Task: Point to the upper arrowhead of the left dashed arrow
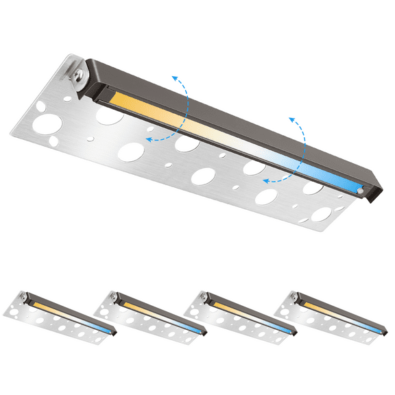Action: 176,77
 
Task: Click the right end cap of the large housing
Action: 374,193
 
